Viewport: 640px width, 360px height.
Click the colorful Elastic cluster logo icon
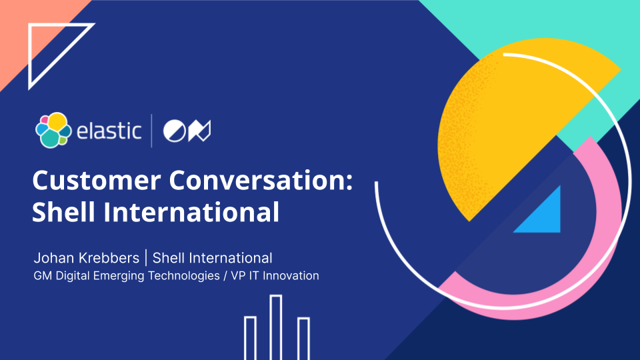(x=53, y=130)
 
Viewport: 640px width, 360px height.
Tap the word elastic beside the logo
(x=109, y=131)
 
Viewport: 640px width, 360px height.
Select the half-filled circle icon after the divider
(x=175, y=131)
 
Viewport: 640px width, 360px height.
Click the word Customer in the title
(x=96, y=180)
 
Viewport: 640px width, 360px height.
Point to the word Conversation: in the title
(x=261, y=180)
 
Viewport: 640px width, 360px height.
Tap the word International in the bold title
(x=191, y=211)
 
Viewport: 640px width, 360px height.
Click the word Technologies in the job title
(x=184, y=276)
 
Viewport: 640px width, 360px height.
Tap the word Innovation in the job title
(x=291, y=276)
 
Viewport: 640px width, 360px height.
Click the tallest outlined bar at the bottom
(x=276, y=327)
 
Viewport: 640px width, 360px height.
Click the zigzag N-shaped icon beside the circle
(x=199, y=131)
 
